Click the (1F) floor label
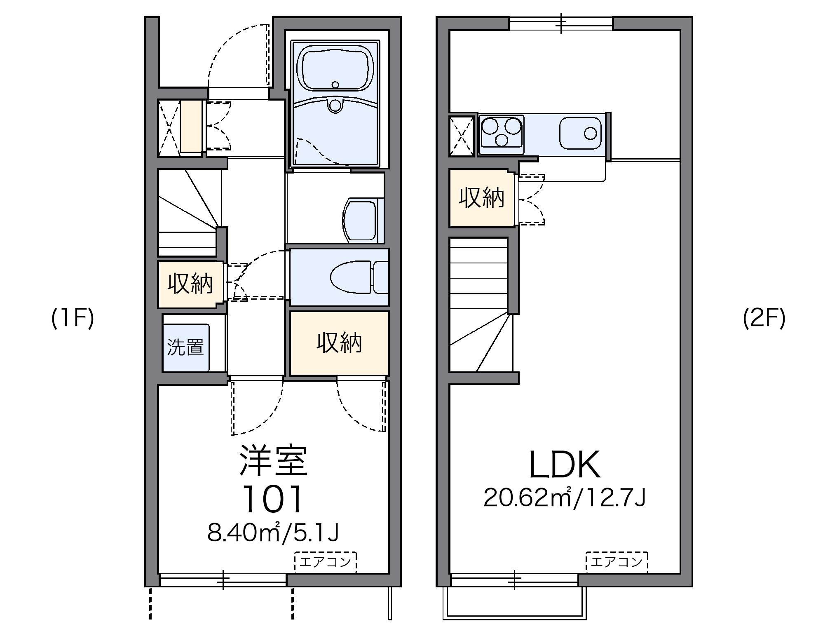(73, 319)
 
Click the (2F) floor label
(764, 319)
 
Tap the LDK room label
(564, 465)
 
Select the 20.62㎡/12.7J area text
(564, 498)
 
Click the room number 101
(273, 499)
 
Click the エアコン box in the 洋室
(326, 562)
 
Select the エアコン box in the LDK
(617, 562)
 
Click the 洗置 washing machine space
(186, 347)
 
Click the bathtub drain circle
(335, 85)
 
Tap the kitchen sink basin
(580, 133)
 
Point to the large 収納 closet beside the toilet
(339, 343)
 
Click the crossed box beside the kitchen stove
(461, 137)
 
